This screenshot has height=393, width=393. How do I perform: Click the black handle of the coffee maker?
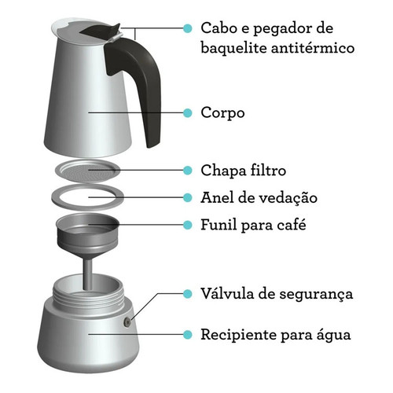(147, 79)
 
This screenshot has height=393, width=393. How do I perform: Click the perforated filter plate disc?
(88, 171)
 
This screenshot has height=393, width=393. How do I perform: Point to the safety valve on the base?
(127, 322)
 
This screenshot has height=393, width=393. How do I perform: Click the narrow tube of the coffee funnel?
(88, 274)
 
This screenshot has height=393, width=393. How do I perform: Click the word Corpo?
(222, 113)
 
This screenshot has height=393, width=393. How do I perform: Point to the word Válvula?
(227, 293)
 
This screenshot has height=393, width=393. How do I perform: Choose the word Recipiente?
(238, 335)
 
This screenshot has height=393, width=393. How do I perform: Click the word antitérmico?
(313, 48)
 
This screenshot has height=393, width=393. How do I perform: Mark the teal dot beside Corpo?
(188, 112)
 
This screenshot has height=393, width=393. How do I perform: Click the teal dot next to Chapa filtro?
(188, 171)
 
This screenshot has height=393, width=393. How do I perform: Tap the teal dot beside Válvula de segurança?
(188, 294)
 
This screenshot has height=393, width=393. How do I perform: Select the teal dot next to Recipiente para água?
(188, 335)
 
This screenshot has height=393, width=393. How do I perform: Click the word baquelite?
(233, 49)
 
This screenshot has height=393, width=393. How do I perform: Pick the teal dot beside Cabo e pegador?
(188, 28)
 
